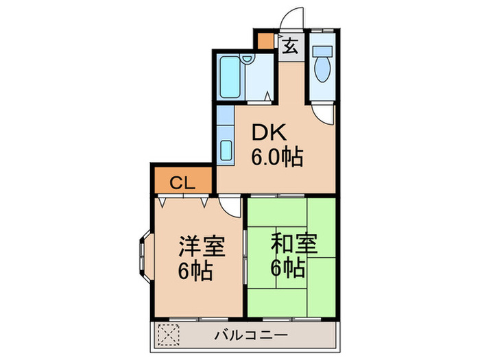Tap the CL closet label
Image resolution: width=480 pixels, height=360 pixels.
182,182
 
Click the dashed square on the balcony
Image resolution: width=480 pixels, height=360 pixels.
168,335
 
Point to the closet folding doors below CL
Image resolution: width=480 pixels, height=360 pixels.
184,201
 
